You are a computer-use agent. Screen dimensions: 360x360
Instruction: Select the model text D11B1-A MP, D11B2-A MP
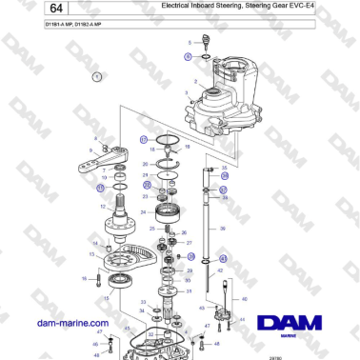tap(50, 35)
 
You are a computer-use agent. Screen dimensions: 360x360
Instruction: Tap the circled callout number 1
tap(96, 74)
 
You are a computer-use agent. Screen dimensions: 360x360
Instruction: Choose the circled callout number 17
tap(143, 139)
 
